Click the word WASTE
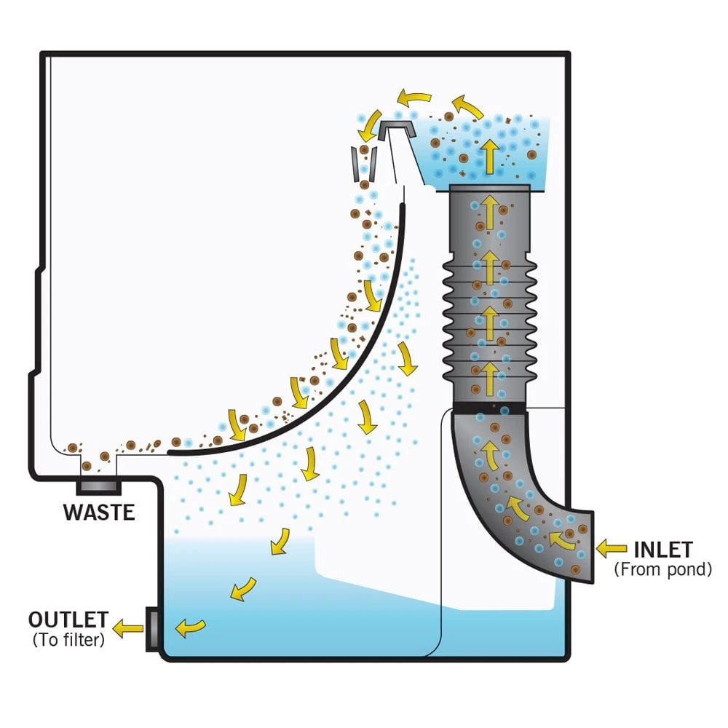(x=98, y=511)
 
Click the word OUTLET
(x=68, y=620)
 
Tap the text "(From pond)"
(x=662, y=569)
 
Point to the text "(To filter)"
(x=68, y=640)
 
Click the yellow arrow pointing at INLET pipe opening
(x=612, y=547)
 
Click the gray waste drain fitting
(x=98, y=485)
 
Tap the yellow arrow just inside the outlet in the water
(x=191, y=627)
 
